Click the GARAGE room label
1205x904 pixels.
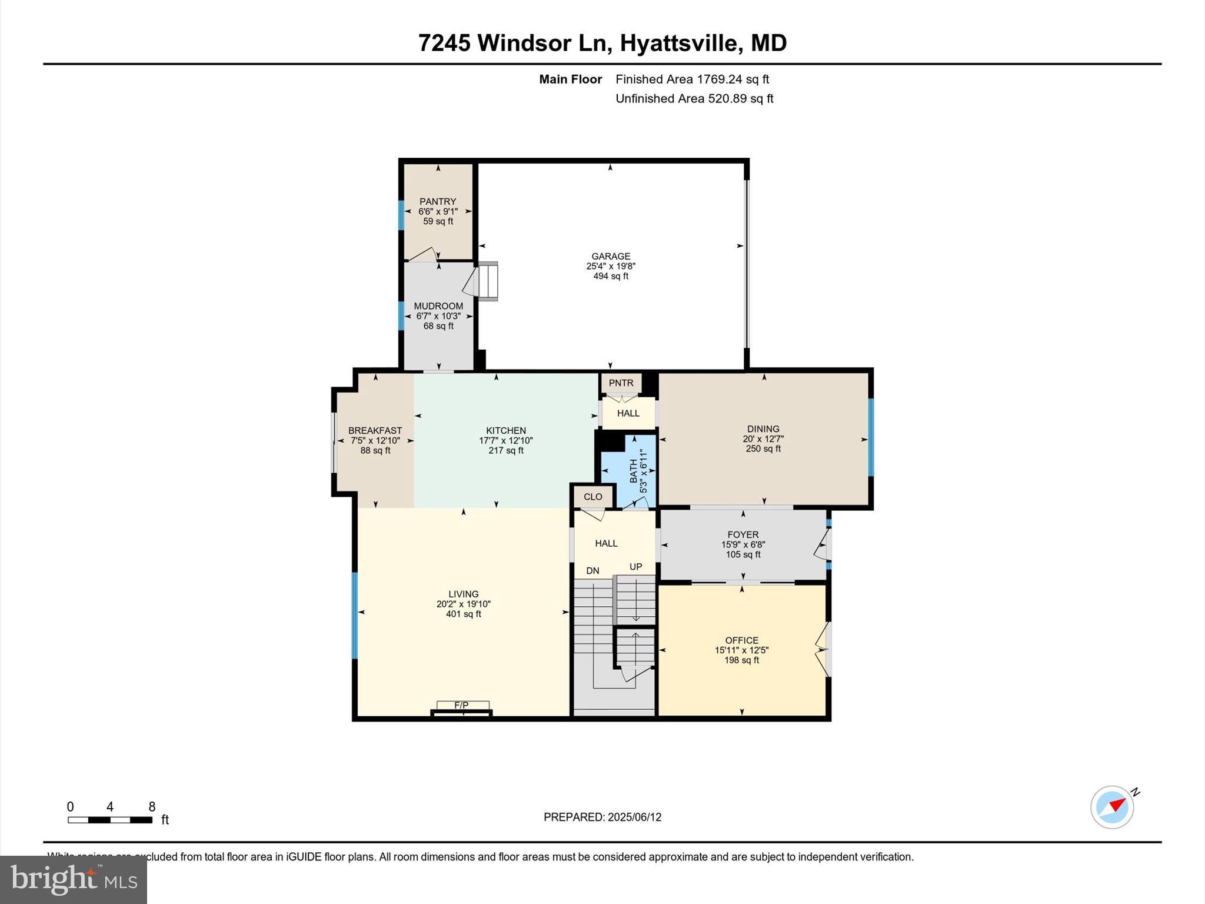(x=611, y=256)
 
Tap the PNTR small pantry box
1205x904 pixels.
(x=621, y=383)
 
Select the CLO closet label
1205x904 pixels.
(x=592, y=497)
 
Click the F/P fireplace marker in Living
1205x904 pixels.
(x=462, y=705)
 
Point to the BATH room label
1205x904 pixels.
(x=634, y=471)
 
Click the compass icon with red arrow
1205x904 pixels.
(x=1112, y=807)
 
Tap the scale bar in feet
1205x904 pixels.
(x=110, y=819)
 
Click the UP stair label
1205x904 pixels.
(x=635, y=567)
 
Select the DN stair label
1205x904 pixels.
(x=592, y=571)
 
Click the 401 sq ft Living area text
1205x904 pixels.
(x=464, y=614)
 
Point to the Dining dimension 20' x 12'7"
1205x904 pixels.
(x=763, y=439)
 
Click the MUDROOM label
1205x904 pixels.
(x=438, y=306)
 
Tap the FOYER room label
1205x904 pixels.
(x=743, y=534)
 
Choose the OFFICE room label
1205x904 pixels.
(x=741, y=640)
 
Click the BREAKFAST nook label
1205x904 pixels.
(x=375, y=431)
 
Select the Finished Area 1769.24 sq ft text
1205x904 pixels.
(x=692, y=79)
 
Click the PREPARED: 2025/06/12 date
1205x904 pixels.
(x=602, y=817)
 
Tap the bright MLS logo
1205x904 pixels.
(x=74, y=879)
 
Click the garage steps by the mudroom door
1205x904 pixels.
(x=488, y=282)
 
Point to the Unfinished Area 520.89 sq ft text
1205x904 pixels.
(x=694, y=99)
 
